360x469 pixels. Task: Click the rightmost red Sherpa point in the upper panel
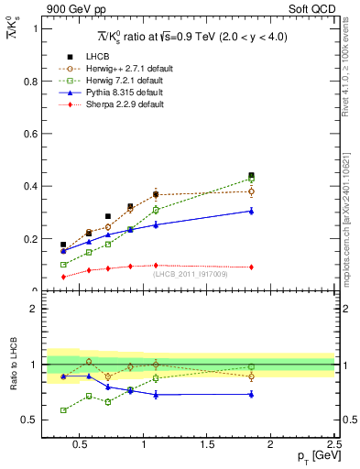pos(251,267)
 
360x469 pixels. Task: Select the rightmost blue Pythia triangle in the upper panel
pos(251,211)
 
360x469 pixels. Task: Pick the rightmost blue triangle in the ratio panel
pos(251,394)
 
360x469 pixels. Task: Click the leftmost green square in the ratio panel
pos(63,410)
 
